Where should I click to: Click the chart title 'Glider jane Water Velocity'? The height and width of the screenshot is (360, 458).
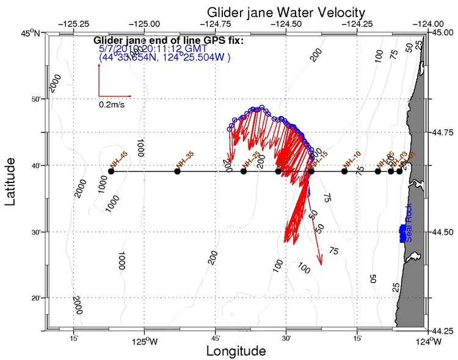pyautogui.click(x=286, y=12)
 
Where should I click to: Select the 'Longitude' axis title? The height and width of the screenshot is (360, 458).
pyautogui.click(x=236, y=351)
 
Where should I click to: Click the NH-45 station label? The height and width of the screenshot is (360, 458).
pyautogui.click(x=118, y=159)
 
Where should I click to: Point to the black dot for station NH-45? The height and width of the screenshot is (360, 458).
pyautogui.click(x=111, y=171)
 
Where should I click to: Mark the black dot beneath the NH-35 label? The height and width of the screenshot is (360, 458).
pyautogui.click(x=177, y=171)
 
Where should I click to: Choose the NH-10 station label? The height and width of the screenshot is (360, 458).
pyautogui.click(x=352, y=159)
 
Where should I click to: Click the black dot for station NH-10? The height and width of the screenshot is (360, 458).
pyautogui.click(x=344, y=171)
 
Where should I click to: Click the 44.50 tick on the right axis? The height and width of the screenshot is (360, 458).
pyautogui.click(x=443, y=232)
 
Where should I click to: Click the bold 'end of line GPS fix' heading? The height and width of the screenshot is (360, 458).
pyautogui.click(x=169, y=41)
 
